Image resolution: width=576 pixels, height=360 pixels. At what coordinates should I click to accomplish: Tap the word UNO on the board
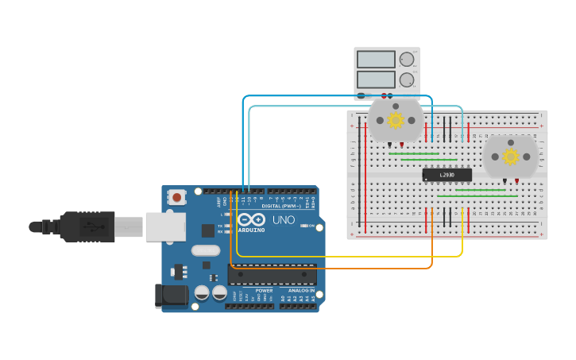[x=284, y=220]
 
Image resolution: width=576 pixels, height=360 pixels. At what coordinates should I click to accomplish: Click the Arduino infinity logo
[x=251, y=220]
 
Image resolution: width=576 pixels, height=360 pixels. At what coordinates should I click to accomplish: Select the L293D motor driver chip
[x=446, y=175]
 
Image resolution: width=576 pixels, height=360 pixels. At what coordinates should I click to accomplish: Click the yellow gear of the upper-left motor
[x=395, y=120]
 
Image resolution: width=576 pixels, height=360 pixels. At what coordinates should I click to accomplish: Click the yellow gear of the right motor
[x=511, y=156]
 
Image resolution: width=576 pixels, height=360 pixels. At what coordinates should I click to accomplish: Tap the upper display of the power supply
[x=376, y=60]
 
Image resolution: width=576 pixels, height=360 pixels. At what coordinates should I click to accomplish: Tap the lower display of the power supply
[x=376, y=79]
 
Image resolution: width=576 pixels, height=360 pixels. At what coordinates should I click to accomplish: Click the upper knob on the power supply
[x=407, y=60]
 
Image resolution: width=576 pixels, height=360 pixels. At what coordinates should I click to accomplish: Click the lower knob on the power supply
[x=407, y=79]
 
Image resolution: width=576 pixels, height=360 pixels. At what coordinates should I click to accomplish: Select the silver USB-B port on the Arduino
[x=165, y=226]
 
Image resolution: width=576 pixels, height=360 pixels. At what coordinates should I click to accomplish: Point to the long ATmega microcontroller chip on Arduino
[x=272, y=275]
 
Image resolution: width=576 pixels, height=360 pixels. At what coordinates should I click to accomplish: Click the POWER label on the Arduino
[x=264, y=291]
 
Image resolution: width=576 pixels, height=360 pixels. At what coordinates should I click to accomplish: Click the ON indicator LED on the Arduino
[x=303, y=226]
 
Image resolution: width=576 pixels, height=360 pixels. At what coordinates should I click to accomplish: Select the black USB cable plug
[x=87, y=226]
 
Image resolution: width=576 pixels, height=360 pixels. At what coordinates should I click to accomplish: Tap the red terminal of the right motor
[x=516, y=181]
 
